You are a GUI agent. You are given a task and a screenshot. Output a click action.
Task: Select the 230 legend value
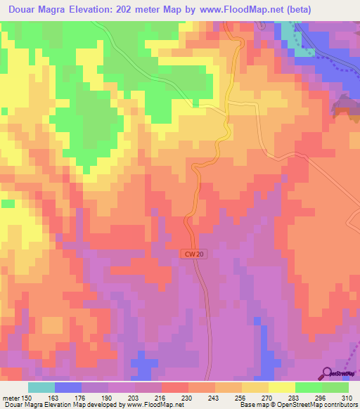[187, 397]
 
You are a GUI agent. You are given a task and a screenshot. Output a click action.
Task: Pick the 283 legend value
[295, 397]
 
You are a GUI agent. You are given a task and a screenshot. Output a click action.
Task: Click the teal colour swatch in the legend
[41, 387]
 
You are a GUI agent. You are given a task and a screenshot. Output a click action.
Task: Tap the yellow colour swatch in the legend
[282, 387]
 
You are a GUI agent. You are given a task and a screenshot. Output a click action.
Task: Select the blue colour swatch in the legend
[68, 387]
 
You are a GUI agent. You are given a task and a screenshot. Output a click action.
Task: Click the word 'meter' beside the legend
[9, 397]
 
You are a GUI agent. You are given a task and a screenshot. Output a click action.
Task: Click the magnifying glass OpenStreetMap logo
[327, 373]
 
